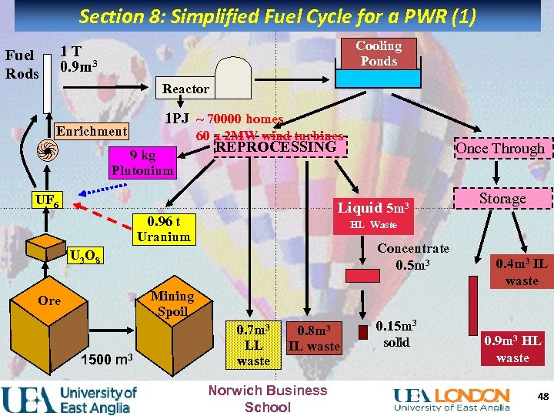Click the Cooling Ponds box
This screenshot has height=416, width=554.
379,54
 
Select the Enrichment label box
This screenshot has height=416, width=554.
92,131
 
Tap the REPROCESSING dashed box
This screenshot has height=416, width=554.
276,146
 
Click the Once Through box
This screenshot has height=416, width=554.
500,149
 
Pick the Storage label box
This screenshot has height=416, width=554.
502,199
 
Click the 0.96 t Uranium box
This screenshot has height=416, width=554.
163,229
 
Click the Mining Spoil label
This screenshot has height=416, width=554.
172,304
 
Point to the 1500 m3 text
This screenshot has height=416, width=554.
108,360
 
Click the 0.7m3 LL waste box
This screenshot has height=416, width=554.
253,345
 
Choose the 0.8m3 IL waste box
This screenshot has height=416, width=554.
313,338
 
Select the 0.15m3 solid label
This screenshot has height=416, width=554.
397,334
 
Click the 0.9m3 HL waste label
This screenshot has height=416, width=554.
512,349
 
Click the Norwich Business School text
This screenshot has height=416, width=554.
268,398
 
